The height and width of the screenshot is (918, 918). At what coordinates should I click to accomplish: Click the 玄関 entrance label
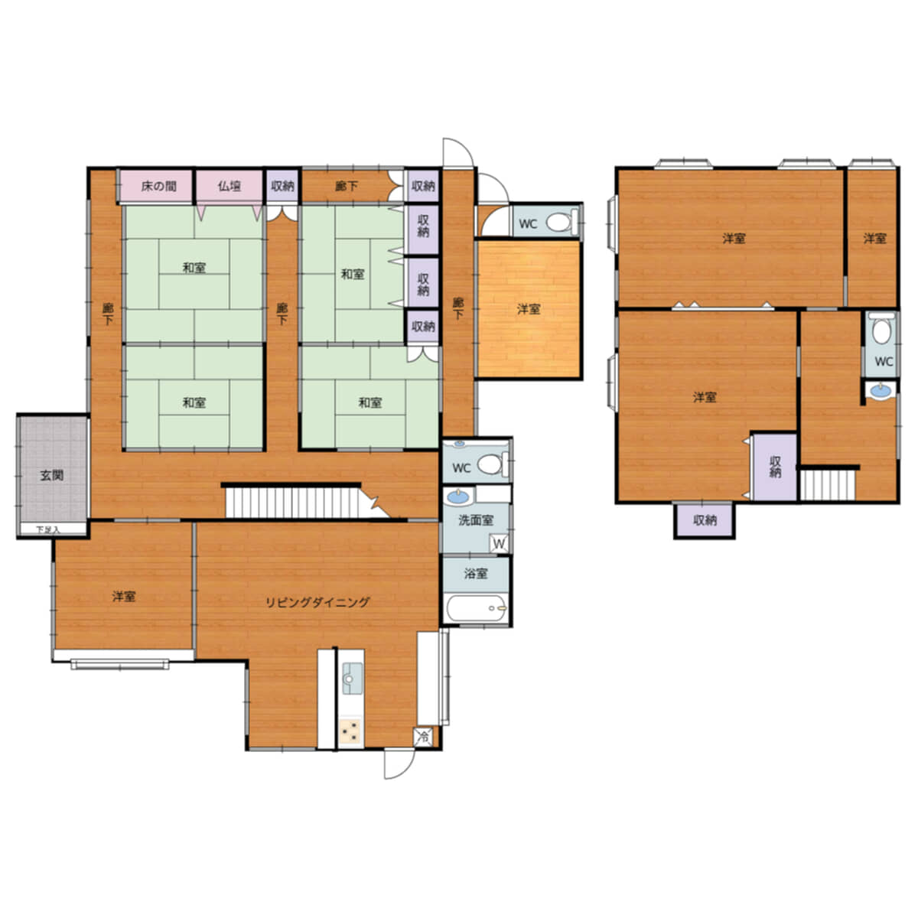point(51,475)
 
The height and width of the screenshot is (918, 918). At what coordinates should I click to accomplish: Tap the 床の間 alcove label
point(158,186)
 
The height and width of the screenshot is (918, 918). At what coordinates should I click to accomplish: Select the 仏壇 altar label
point(229,186)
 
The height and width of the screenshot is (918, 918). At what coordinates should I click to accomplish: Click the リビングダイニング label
point(317,602)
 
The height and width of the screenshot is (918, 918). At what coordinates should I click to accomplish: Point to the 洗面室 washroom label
point(475,520)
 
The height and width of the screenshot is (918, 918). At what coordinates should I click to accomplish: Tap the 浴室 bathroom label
point(475,574)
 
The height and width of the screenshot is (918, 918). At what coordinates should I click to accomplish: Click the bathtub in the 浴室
point(476,608)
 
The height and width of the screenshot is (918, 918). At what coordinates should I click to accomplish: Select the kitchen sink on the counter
point(352,679)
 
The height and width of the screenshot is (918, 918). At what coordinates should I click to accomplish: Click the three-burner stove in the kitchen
point(351,732)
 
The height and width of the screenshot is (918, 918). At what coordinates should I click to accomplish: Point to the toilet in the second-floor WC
point(881,330)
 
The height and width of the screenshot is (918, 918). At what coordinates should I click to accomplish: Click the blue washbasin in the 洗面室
point(457,497)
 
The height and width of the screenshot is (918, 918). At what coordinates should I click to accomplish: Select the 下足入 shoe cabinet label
point(48,529)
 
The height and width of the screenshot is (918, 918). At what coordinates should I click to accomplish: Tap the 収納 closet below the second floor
point(705,519)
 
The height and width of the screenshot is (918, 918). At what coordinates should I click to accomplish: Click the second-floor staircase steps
point(828,485)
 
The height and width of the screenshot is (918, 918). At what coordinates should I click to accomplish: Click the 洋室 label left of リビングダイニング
point(124,596)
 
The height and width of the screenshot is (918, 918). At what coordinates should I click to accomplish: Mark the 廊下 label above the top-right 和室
point(347,186)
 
